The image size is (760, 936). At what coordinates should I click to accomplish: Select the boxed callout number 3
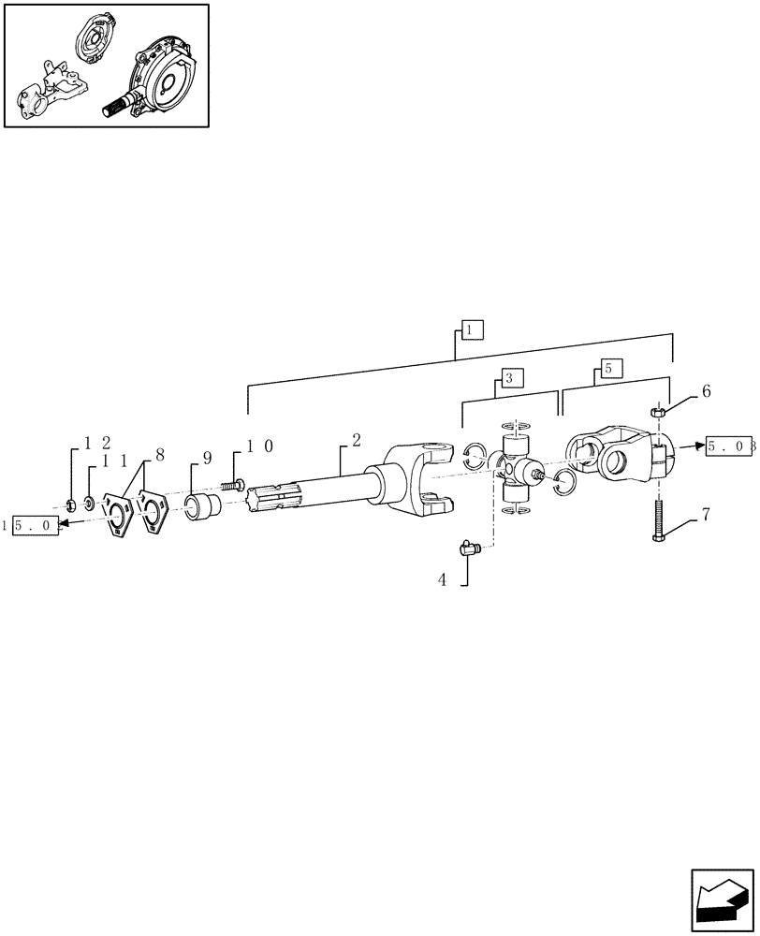pos(510,378)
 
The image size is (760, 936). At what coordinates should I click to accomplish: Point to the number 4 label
pos(442,580)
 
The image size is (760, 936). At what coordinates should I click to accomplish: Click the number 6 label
pos(706,392)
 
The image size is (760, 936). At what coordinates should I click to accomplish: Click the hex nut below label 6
pos(658,410)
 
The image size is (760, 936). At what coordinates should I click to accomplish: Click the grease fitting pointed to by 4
pos(471,548)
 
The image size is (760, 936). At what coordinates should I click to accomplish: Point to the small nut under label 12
pos(71,506)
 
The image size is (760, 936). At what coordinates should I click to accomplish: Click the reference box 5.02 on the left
pos(37,526)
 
